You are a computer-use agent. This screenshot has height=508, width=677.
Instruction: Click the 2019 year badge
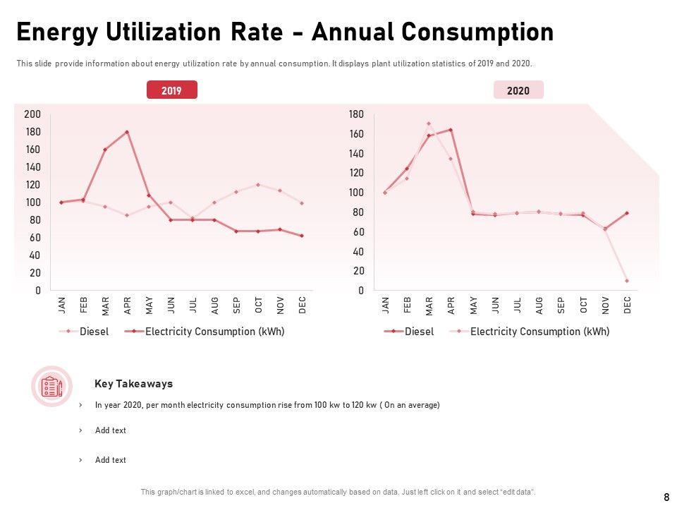click(171, 90)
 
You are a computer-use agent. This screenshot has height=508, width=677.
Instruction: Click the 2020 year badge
click(518, 90)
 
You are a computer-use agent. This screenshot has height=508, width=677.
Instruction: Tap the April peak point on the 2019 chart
click(127, 132)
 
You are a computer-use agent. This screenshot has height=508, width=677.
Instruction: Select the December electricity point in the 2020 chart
click(626, 281)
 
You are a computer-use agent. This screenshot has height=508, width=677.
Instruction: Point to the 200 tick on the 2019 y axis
click(32, 114)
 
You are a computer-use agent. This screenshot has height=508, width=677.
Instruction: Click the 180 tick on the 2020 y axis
click(356, 114)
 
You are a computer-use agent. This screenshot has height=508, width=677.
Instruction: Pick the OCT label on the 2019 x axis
click(259, 305)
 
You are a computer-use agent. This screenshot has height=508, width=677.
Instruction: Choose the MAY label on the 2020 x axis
click(473, 305)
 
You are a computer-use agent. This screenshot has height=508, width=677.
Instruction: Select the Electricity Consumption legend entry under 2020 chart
click(539, 332)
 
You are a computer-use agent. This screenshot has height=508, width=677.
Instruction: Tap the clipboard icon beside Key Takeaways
click(51, 386)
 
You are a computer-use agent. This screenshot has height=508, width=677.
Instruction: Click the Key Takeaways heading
click(133, 385)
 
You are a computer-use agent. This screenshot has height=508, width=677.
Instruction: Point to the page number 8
click(666, 497)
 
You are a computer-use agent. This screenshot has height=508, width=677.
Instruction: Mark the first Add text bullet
click(111, 430)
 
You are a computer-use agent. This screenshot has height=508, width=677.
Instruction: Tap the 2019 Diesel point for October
click(258, 185)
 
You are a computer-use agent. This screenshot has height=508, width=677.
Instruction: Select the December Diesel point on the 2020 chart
click(626, 213)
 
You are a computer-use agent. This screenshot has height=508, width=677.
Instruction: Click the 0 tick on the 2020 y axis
click(360, 291)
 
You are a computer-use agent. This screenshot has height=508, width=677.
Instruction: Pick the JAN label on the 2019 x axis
click(61, 305)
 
